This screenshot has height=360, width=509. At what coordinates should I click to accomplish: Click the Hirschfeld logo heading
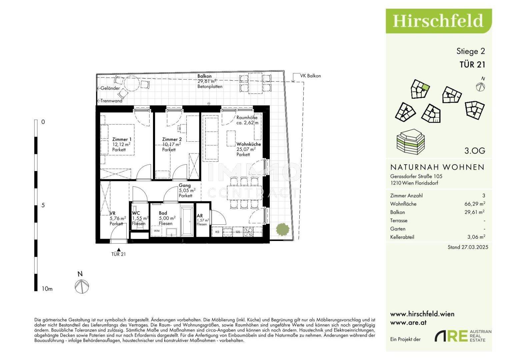point(438,21)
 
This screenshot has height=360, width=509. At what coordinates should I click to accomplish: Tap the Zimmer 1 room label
point(122,139)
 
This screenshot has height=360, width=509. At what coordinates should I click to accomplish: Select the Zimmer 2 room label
point(172,139)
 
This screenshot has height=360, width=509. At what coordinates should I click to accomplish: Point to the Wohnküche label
point(249,144)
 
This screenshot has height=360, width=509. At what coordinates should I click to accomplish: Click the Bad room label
point(163,213)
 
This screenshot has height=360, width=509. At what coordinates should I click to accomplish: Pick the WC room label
point(136,213)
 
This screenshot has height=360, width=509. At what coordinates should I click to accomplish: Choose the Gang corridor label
point(185,186)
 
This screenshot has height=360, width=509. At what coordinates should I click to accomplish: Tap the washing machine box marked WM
point(156,231)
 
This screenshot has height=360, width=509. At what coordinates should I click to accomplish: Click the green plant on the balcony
point(282,229)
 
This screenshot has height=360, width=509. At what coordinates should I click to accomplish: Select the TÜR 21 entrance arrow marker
point(119,249)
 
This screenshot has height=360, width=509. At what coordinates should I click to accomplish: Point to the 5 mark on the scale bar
point(43,205)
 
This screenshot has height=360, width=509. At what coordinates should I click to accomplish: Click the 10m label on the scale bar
point(47,289)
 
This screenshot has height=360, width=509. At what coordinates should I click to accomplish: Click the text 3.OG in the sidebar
point(475,151)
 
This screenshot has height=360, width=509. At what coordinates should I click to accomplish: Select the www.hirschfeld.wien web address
point(422,314)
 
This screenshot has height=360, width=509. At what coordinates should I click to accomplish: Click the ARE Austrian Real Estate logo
point(463,336)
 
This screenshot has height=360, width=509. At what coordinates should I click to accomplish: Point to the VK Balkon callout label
point(310,76)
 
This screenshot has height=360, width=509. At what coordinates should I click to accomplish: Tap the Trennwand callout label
point(111,101)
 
